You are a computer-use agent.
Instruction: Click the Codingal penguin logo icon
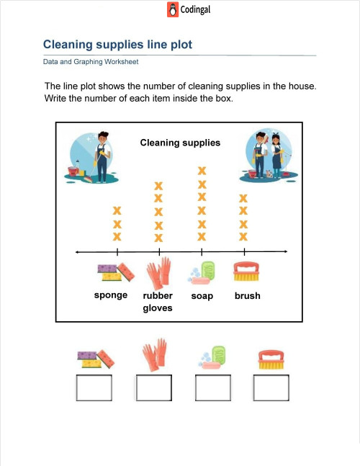click(x=173, y=10)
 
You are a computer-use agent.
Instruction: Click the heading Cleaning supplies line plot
click(x=117, y=45)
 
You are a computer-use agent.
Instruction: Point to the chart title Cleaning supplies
click(x=180, y=143)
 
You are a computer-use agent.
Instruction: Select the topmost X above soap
click(x=202, y=171)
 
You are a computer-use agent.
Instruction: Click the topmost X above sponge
click(x=117, y=210)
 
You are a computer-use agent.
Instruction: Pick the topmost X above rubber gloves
click(x=158, y=187)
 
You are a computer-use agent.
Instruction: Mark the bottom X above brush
click(x=243, y=236)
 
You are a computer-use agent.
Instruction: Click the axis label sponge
click(x=111, y=295)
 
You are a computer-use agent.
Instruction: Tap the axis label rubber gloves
click(x=158, y=302)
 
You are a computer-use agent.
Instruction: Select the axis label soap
click(x=202, y=296)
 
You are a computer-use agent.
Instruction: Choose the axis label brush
click(x=248, y=295)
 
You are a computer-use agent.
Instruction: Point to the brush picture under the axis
click(x=246, y=271)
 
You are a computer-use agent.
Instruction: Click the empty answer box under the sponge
click(x=94, y=387)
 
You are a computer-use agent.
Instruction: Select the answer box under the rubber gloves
click(x=153, y=387)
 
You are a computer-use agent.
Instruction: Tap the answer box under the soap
click(x=212, y=387)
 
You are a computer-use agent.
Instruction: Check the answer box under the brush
click(x=271, y=387)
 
